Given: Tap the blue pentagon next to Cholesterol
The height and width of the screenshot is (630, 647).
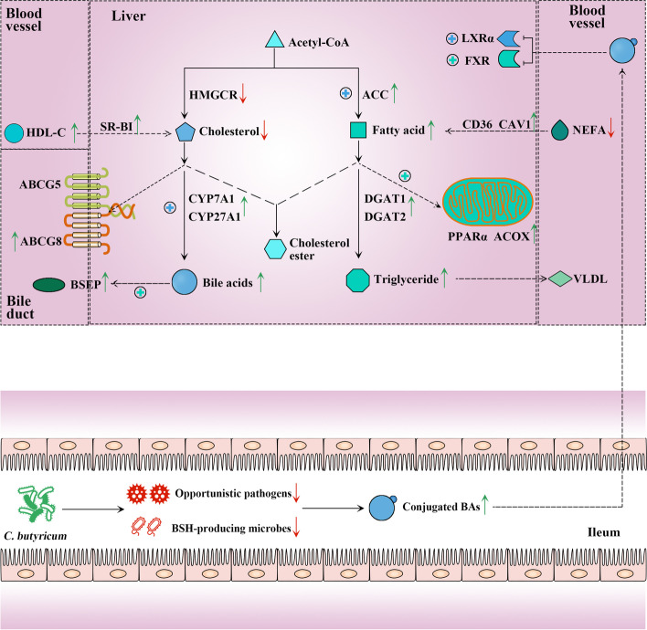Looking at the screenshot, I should [x=186, y=131].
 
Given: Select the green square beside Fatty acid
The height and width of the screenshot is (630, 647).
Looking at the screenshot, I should [x=358, y=131].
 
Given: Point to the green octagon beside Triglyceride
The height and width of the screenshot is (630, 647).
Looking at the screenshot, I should [x=358, y=278].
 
